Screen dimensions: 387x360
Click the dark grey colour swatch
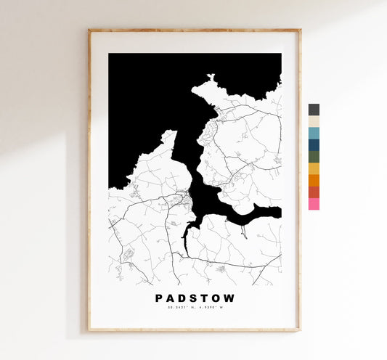pyautogui.click(x=314, y=110)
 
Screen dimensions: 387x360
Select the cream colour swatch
pyautogui.click(x=314, y=121)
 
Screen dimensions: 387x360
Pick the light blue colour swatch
pyautogui.click(x=314, y=133)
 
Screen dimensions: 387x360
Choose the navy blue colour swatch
pyautogui.click(x=314, y=144)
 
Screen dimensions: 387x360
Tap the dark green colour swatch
pyautogui.click(x=314, y=156)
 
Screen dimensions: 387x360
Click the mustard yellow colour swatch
pyautogui.click(x=314, y=168)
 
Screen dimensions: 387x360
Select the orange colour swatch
pyautogui.click(x=314, y=180)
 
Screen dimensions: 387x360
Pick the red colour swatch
pyautogui.click(x=314, y=192)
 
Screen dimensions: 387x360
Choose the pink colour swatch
pyautogui.click(x=314, y=204)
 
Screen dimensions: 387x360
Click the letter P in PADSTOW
pyautogui.click(x=159, y=298)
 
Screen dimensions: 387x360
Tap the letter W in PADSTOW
pyautogui.click(x=230, y=298)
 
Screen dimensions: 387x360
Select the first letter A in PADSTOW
pyautogui.click(x=171, y=298)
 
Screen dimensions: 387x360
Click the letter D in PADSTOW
pyautogui.click(x=182, y=298)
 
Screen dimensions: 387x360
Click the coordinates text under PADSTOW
pyautogui.click(x=195, y=308)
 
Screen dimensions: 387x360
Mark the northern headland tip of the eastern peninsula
pyautogui.click(x=211, y=77)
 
